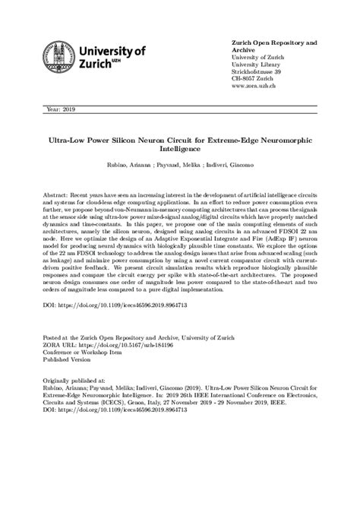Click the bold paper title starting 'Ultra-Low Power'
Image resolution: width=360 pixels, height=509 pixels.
pos(179,141)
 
